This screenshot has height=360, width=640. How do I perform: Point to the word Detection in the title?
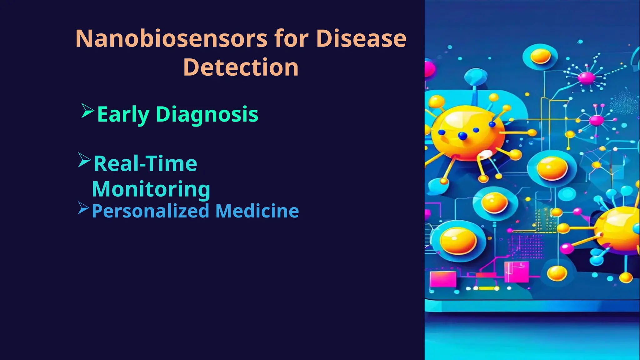(241, 67)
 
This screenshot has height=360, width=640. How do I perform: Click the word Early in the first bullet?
(123, 115)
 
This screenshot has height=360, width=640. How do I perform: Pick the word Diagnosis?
(207, 114)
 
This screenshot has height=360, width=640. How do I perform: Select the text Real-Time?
(145, 163)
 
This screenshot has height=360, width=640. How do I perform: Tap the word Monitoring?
(151, 189)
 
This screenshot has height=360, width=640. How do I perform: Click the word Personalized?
(150, 211)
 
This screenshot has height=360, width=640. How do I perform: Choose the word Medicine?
(257, 211)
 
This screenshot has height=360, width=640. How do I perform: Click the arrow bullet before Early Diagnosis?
(87, 111)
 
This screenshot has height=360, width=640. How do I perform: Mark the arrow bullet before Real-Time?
(84, 160)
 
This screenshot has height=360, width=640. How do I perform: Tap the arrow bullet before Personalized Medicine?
(83, 208)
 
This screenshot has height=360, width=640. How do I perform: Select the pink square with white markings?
(516, 271)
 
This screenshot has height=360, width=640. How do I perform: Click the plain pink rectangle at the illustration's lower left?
(443, 279)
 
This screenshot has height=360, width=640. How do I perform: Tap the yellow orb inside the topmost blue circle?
(540, 56)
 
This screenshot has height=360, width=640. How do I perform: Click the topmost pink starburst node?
(586, 77)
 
